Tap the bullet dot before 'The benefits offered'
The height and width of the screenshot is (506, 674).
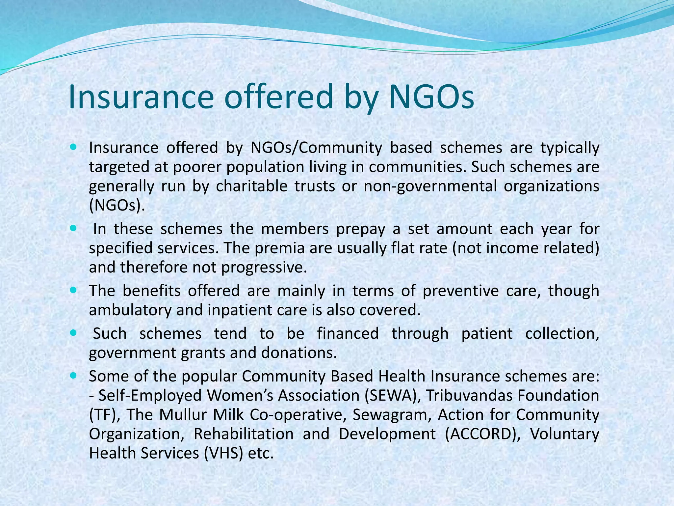73,291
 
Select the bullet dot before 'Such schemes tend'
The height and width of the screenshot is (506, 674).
73,333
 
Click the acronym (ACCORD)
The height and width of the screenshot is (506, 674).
482,434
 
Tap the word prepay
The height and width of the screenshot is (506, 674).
360,229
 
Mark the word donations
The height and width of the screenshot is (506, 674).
299,353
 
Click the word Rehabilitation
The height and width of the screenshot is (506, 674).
244,434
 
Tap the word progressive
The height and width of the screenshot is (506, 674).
264,267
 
